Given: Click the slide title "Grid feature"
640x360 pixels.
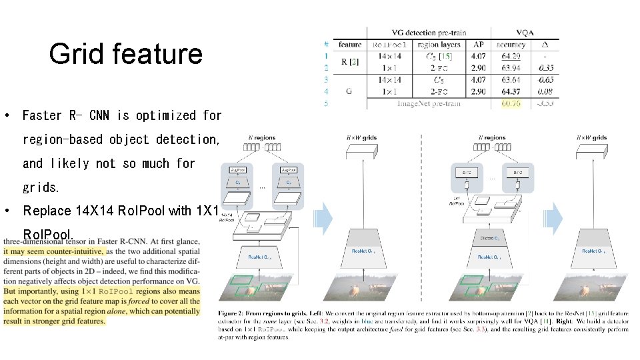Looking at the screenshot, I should click(125, 54).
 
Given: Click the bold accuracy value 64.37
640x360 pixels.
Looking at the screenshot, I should click(511, 91).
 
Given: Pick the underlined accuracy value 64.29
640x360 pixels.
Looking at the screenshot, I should click(511, 56).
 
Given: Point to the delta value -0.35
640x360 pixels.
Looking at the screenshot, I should click(546, 68).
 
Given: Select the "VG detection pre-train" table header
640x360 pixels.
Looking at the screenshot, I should click(429, 32).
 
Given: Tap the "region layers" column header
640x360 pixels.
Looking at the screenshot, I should click(437, 45).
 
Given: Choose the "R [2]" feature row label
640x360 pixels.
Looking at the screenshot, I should click(349, 62).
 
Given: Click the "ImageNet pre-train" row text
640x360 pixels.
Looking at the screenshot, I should click(429, 103).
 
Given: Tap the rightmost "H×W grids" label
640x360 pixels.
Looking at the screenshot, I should click(591, 138).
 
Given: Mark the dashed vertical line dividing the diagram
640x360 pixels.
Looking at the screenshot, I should click(421, 213).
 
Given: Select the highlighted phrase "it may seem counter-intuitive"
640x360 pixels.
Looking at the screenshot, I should click(54, 251).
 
